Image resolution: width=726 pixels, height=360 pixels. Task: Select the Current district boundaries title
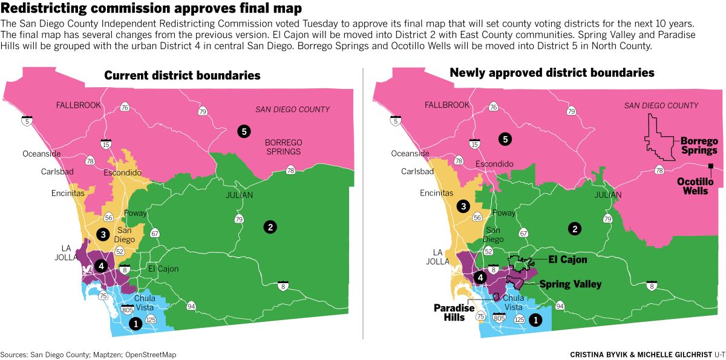tap(182, 76)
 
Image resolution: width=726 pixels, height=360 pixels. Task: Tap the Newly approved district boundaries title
tap(552, 73)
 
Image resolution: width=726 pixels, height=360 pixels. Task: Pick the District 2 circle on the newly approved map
tap(574, 228)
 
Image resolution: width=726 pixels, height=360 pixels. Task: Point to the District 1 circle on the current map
tap(136, 324)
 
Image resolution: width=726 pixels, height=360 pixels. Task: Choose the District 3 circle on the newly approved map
tap(463, 206)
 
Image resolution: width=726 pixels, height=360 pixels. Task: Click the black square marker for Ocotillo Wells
tap(711, 166)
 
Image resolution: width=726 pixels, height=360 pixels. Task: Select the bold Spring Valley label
tap(570, 284)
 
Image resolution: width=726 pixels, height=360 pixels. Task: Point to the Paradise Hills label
tap(453, 312)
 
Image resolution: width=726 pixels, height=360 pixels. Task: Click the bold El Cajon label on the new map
tap(567, 260)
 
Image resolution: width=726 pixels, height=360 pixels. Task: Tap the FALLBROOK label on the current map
tap(78, 105)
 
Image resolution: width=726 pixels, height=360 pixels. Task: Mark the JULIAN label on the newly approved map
tap(607, 195)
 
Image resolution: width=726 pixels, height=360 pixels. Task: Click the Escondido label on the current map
tap(122, 173)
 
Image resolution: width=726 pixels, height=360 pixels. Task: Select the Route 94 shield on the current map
tap(191, 306)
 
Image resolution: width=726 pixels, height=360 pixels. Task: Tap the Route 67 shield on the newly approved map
tap(524, 232)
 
